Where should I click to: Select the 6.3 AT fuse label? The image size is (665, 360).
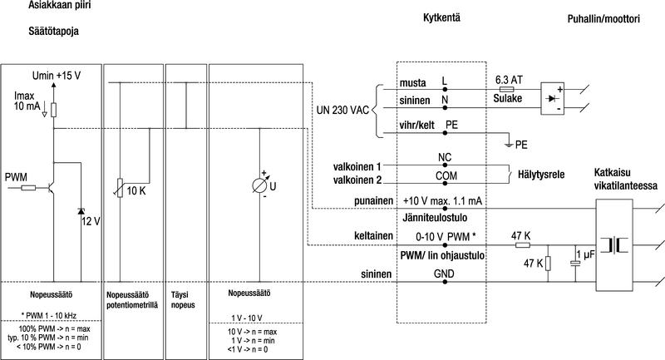[x=507, y=79]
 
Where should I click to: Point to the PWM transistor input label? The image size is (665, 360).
[x=16, y=177]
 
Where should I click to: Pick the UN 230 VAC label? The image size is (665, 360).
[x=342, y=110]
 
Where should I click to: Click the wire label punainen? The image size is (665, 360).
[x=372, y=200]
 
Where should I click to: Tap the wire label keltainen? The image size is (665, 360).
[x=372, y=236]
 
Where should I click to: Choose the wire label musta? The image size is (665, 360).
[x=413, y=84]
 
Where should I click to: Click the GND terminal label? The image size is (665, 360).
[x=445, y=272]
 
